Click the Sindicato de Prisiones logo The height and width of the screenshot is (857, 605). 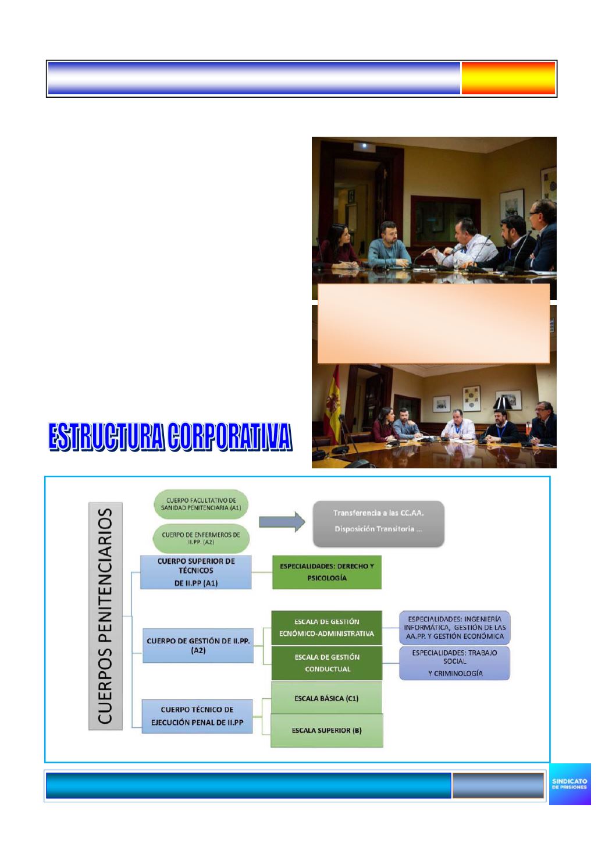[x=570, y=784]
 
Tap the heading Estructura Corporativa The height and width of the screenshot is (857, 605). [x=170, y=436]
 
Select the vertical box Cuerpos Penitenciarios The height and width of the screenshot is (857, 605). [x=105, y=616]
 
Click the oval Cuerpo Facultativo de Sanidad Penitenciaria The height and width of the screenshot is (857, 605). [x=201, y=504]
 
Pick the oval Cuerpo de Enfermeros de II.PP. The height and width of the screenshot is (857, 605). [x=201, y=538]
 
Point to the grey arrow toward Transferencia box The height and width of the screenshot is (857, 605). [x=282, y=522]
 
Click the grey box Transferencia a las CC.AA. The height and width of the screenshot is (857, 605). [x=378, y=524]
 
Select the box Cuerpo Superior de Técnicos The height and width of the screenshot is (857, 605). [x=196, y=572]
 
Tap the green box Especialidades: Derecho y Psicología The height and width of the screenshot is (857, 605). [x=326, y=572]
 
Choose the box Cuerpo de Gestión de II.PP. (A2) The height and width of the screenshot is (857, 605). [x=198, y=645]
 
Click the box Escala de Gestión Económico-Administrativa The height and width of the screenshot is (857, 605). [x=326, y=628]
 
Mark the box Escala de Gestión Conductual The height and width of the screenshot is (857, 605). [x=326, y=663]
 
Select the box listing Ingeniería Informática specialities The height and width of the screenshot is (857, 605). [x=455, y=627]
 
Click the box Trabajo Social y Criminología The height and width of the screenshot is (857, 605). [x=455, y=663]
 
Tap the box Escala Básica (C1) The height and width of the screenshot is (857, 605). [x=326, y=698]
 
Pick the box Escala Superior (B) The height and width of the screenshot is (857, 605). [x=326, y=730]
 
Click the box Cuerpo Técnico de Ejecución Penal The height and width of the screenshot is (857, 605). [x=197, y=716]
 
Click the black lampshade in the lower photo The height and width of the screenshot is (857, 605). [x=503, y=403]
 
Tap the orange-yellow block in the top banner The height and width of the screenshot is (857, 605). [x=508, y=78]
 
